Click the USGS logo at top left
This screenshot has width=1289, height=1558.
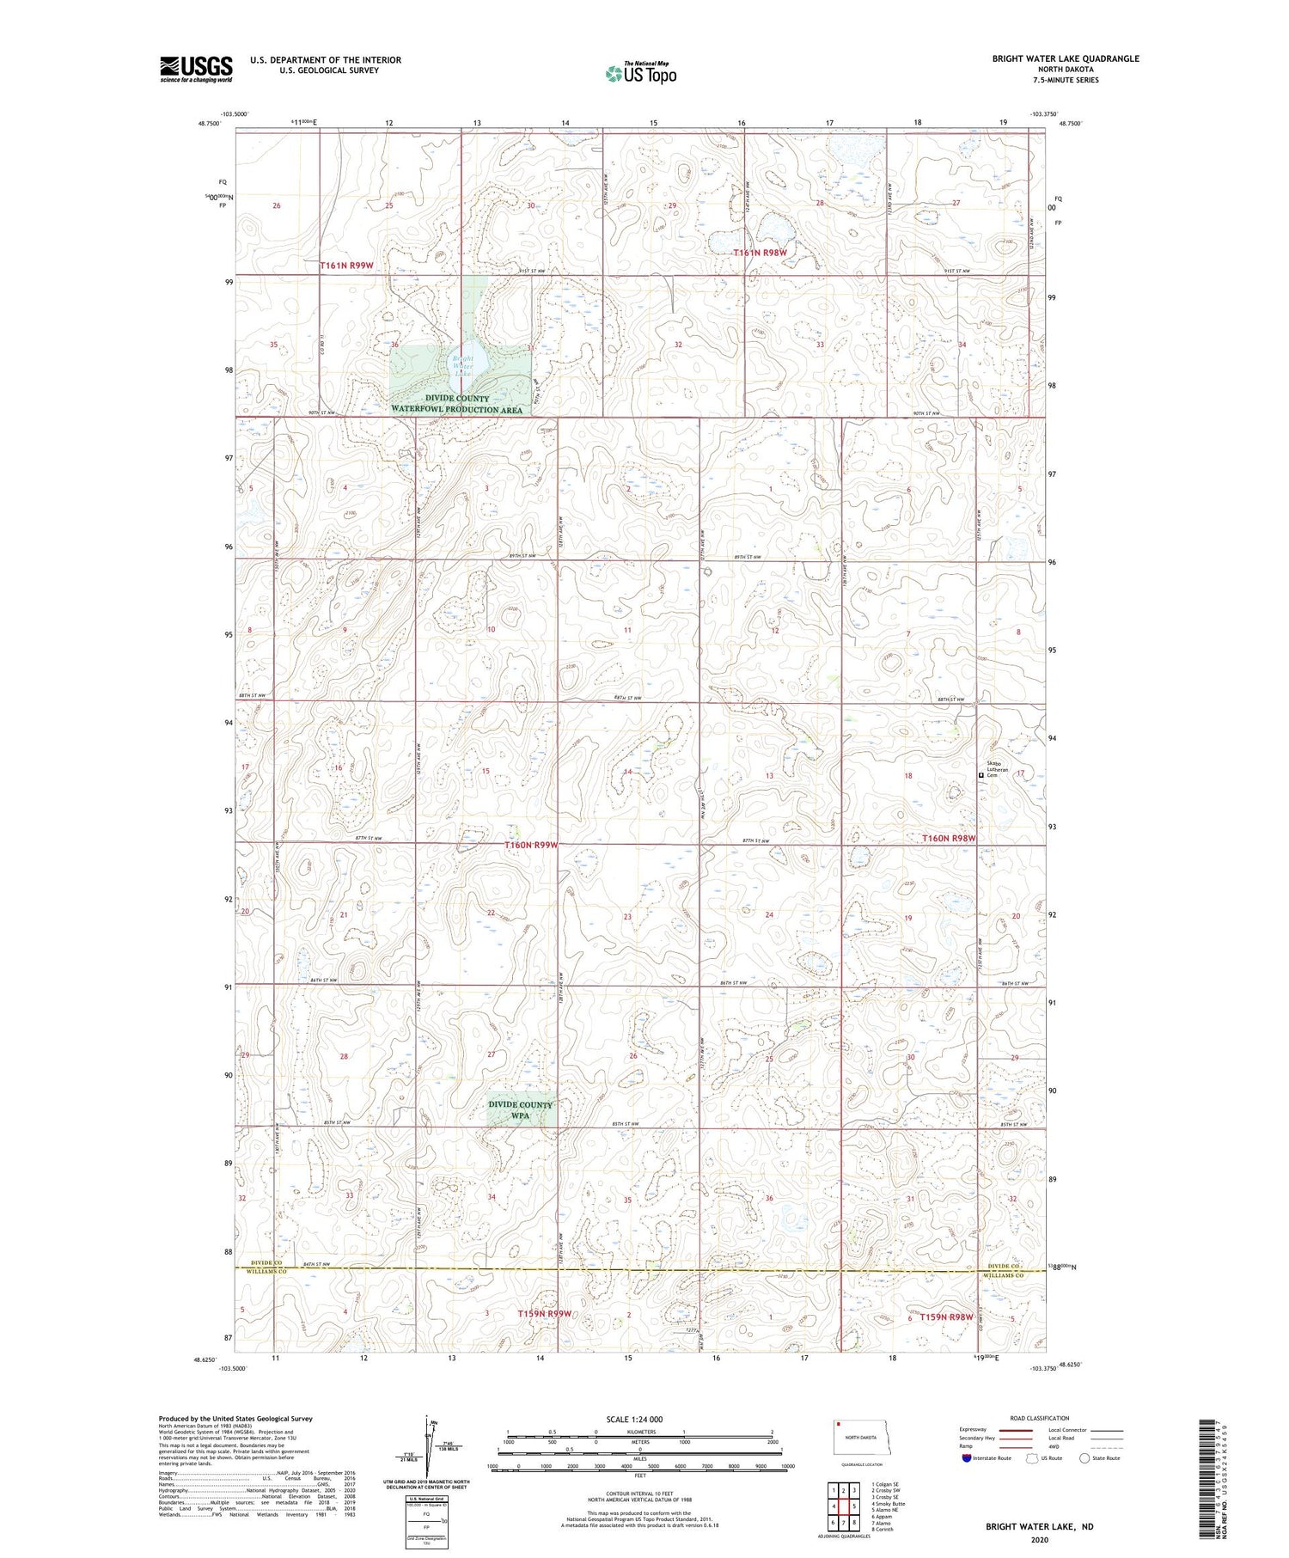tap(196, 69)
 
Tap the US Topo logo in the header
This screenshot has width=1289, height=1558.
tap(640, 74)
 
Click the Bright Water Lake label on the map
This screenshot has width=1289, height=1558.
tap(463, 365)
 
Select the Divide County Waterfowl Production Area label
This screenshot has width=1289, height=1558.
tap(456, 404)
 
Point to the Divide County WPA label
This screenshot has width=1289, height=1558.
tap(521, 1109)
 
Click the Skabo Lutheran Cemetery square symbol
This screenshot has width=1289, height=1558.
tap(981, 775)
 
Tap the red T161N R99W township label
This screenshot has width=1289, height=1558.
tap(346, 266)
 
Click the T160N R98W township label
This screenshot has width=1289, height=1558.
tap(949, 838)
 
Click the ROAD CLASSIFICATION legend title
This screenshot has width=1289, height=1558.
tap(1040, 1418)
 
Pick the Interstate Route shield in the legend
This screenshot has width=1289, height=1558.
tap(966, 1457)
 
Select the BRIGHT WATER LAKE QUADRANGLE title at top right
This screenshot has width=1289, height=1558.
tap(1066, 58)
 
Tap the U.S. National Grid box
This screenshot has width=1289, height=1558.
tap(427, 1521)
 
